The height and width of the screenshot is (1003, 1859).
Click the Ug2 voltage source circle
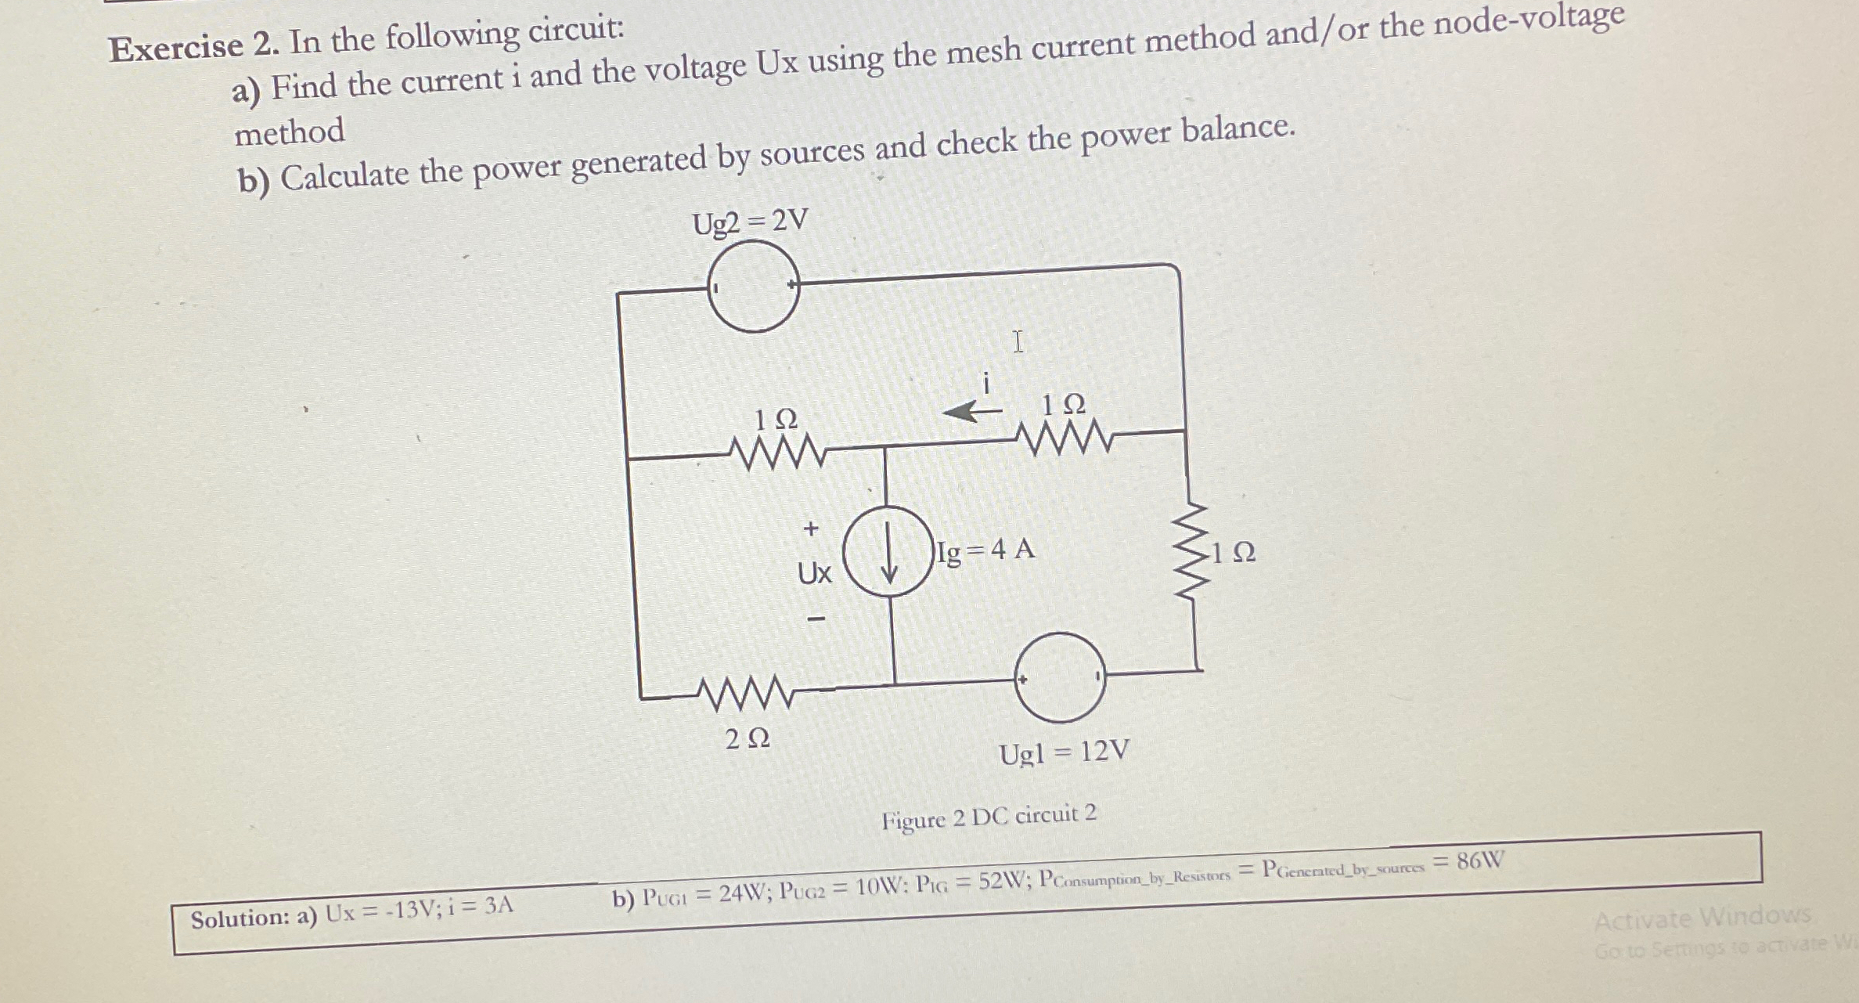(753, 287)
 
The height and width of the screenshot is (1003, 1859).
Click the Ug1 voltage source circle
(1060, 677)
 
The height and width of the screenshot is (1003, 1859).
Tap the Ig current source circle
(889, 551)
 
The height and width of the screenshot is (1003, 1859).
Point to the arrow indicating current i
(971, 410)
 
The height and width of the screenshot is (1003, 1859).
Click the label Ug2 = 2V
(750, 222)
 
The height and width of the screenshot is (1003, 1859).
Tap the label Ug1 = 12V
(1065, 752)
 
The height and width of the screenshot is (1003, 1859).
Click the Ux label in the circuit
(814, 574)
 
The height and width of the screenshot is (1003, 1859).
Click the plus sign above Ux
(811, 529)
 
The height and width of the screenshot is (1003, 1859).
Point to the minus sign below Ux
(816, 619)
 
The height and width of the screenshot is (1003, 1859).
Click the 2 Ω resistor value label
(748, 738)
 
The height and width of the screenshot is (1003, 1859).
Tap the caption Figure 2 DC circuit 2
(989, 817)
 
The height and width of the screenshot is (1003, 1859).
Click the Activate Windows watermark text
(1702, 918)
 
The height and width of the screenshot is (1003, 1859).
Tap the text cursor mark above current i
(1017, 341)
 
